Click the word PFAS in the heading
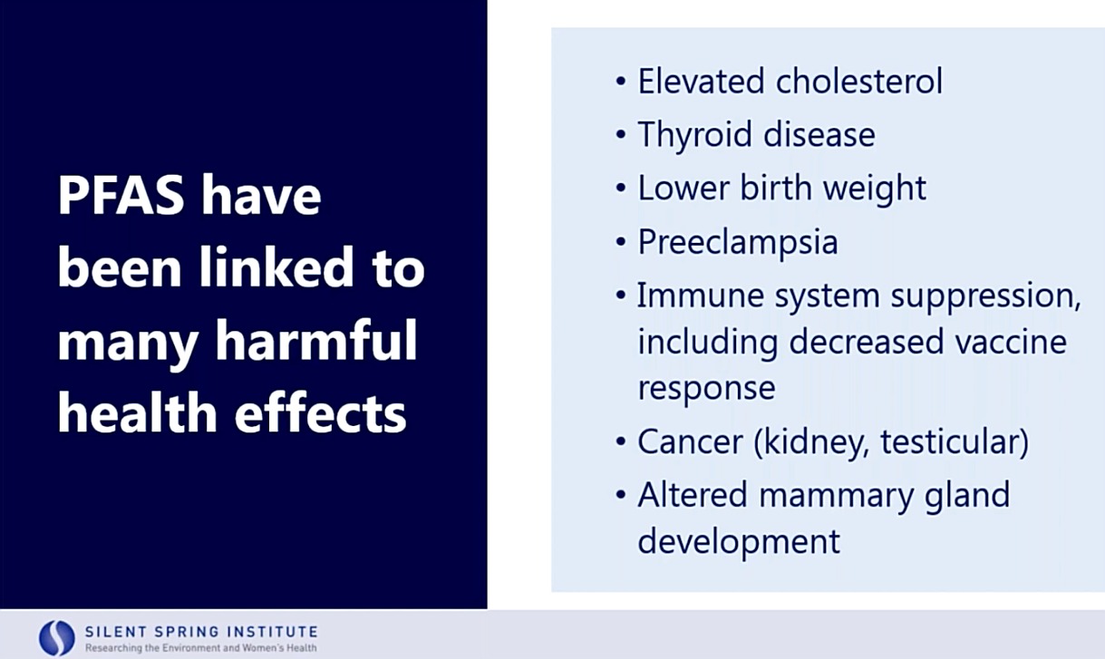tap(121, 195)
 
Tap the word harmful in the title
tap(316, 341)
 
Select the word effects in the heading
tap(320, 412)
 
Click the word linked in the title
tap(276, 267)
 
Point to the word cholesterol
tap(858, 81)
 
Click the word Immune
tap(699, 296)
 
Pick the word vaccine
tap(1011, 342)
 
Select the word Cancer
tap(690, 441)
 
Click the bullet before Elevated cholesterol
tap(621, 81)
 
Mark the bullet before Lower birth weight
tap(621, 188)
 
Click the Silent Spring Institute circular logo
tap(57, 638)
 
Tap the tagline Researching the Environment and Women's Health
tap(200, 647)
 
